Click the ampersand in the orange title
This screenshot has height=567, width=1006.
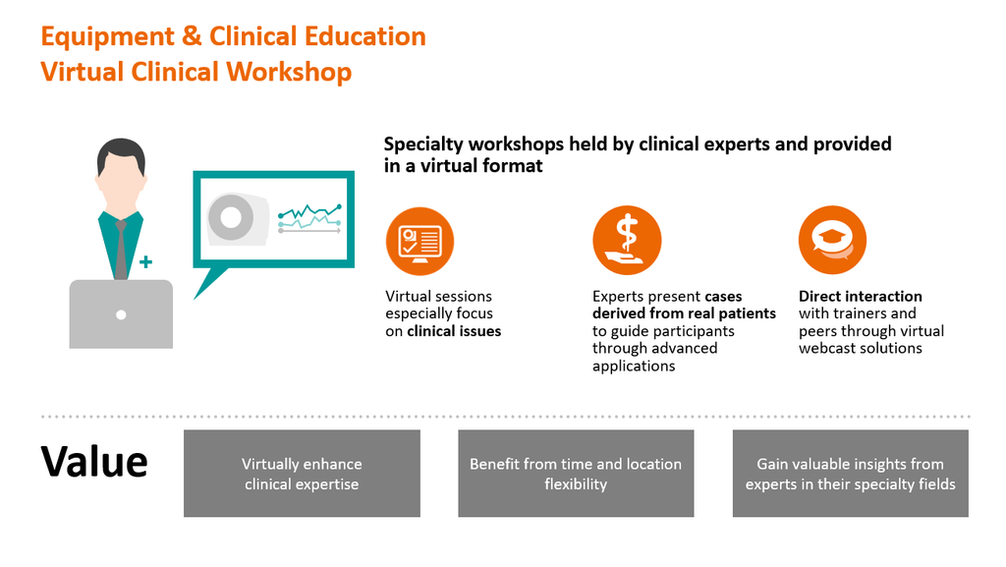[x=192, y=36]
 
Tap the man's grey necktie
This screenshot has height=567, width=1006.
[x=121, y=250]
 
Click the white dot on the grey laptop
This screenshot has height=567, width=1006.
[x=121, y=314]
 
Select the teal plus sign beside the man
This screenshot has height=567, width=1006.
[x=145, y=261]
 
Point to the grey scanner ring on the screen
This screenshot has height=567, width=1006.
[x=231, y=217]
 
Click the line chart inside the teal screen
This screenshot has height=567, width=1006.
[x=309, y=218]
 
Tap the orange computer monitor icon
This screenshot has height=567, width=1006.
[x=419, y=242]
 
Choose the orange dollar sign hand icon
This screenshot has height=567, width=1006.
[x=627, y=241]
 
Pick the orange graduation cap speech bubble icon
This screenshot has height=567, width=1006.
[x=832, y=241]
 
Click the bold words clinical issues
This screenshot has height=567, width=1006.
[x=454, y=331]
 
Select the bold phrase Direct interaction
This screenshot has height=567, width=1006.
[x=861, y=297]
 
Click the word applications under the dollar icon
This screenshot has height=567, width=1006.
[x=634, y=367]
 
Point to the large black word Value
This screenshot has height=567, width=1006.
[x=94, y=462]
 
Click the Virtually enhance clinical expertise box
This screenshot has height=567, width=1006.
[x=302, y=474]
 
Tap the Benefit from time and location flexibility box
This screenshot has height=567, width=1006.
[x=576, y=474]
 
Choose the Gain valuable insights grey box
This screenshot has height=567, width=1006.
[x=850, y=474]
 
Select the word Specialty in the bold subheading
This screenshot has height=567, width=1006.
[x=423, y=144]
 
